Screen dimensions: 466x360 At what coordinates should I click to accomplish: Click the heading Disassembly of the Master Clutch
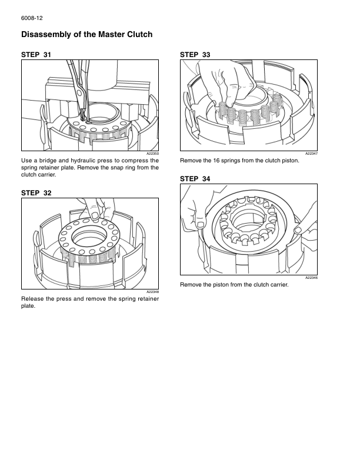click(86, 35)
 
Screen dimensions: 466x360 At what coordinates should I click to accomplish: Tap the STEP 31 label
click(36, 55)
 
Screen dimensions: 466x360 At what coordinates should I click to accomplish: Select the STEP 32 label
click(36, 192)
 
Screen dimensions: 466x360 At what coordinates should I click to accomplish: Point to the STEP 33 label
click(195, 55)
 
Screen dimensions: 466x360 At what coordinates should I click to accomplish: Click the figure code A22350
click(153, 154)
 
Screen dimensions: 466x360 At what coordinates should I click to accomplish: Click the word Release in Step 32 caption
click(33, 298)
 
